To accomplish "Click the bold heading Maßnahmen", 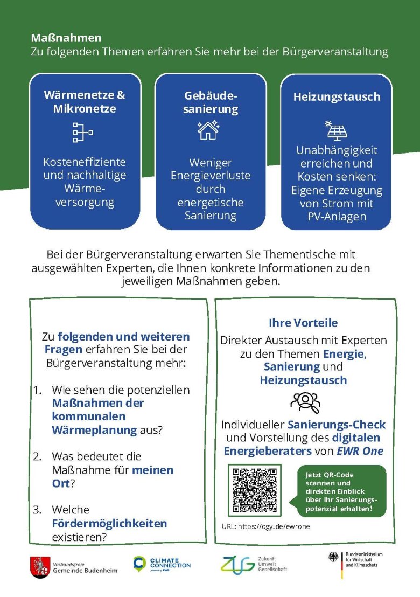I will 66,39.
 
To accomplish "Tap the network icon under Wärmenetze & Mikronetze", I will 83,132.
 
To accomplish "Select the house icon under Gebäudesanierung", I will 208,130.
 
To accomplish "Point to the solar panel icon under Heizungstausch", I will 337,130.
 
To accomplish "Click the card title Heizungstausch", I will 337,97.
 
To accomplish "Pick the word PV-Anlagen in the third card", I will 337,217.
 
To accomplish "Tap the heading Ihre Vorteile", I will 303,323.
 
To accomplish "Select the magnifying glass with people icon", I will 305,401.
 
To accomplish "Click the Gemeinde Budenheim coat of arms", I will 40,567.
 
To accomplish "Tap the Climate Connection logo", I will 162,564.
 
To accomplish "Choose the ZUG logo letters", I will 237,564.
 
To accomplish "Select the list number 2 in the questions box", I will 37,456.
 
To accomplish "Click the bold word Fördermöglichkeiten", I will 109,523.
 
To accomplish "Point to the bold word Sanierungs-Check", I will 337,425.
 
